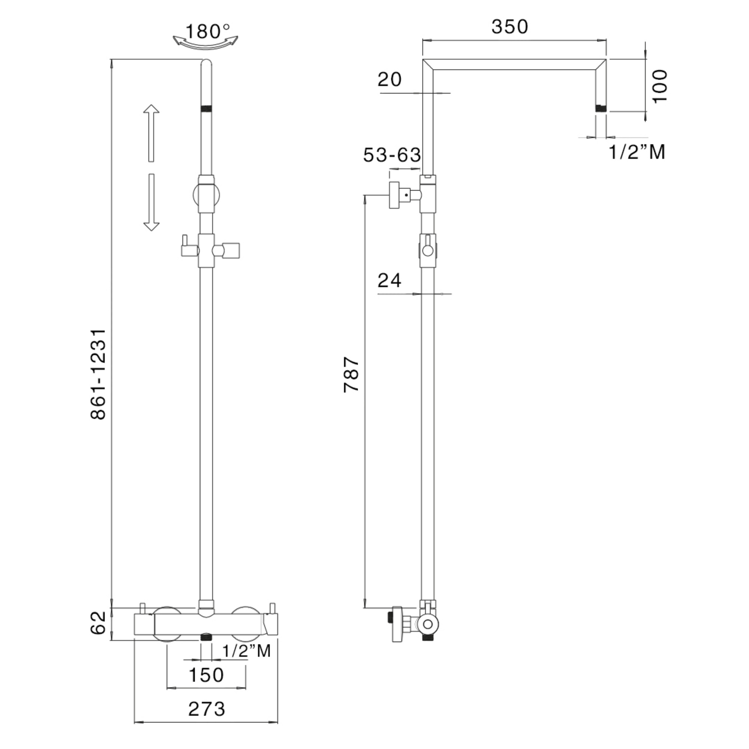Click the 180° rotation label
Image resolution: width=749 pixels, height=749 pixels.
[208, 31]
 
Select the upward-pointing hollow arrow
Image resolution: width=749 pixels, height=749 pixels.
[151, 133]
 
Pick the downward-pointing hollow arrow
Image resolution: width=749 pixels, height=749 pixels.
[151, 202]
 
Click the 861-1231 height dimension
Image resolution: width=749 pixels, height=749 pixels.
[98, 374]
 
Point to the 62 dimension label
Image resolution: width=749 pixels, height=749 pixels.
[98, 623]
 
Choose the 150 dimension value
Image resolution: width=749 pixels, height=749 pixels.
[206, 675]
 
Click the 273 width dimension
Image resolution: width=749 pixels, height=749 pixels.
[207, 709]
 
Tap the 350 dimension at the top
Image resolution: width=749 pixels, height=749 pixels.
[510, 27]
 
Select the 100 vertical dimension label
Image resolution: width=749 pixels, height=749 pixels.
[660, 86]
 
